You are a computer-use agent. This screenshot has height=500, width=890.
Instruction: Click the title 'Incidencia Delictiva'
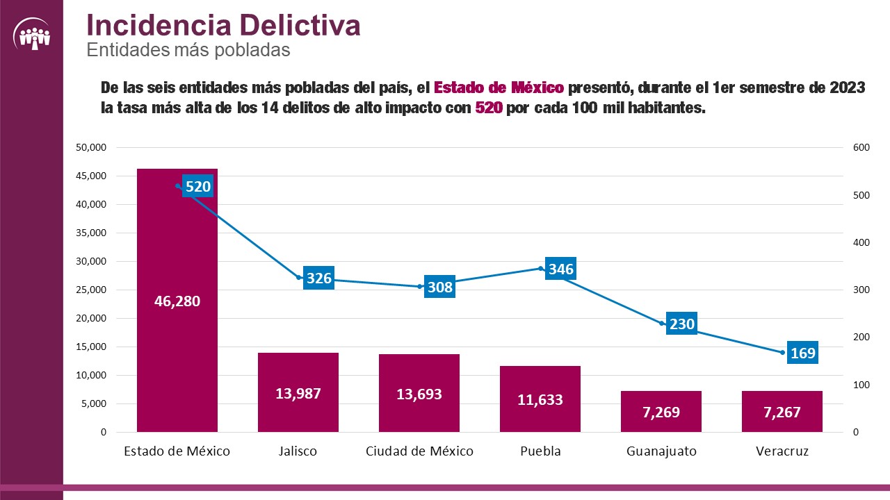tap(223, 25)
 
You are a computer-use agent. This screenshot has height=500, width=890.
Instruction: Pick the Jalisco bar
tap(298, 392)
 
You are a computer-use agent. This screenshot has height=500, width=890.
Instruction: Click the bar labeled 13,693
tap(419, 393)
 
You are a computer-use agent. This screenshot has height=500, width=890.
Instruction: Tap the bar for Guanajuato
tap(661, 411)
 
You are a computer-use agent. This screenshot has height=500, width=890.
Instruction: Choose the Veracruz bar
tap(782, 411)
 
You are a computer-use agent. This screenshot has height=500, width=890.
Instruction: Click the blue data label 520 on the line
tap(197, 186)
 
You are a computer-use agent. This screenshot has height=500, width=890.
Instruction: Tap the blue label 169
tap(802, 353)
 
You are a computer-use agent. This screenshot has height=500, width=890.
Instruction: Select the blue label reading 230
tap(681, 324)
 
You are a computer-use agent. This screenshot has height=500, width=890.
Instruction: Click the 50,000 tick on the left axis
tap(91, 148)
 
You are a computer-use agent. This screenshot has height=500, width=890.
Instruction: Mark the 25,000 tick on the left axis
tap(91, 290)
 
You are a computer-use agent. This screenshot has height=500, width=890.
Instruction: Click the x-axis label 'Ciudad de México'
tap(419, 451)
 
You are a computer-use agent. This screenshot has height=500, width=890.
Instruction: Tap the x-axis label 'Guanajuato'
tap(661, 451)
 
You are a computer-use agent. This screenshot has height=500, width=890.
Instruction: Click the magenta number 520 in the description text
tap(489, 109)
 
